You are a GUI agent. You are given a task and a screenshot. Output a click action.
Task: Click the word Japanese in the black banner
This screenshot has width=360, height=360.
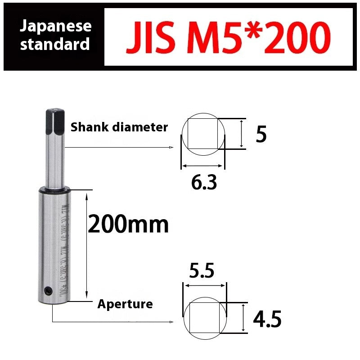(x=56, y=26)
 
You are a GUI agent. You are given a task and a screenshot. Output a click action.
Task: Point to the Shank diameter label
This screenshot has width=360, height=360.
(x=119, y=127)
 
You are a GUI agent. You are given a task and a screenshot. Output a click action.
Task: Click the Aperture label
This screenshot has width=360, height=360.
(x=125, y=304)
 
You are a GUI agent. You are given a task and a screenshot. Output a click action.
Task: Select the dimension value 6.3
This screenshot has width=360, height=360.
(x=204, y=182)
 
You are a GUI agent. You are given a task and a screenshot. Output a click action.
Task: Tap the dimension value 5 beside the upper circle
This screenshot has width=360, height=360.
(x=261, y=134)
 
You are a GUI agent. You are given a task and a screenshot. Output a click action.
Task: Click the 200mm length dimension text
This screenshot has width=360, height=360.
(x=128, y=224)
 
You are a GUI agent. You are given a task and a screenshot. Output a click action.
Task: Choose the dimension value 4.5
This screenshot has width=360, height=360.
(x=267, y=320)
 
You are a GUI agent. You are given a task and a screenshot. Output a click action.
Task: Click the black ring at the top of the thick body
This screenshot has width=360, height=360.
(x=55, y=190)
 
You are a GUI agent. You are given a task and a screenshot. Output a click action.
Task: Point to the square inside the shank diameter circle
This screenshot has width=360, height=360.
(x=202, y=134)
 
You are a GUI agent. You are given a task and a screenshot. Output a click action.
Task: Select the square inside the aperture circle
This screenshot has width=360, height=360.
(x=205, y=318)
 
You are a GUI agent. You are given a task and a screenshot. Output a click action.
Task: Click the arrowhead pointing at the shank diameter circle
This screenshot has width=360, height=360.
(x=171, y=147)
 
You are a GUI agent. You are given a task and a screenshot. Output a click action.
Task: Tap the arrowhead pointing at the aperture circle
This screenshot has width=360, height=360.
(x=171, y=322)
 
